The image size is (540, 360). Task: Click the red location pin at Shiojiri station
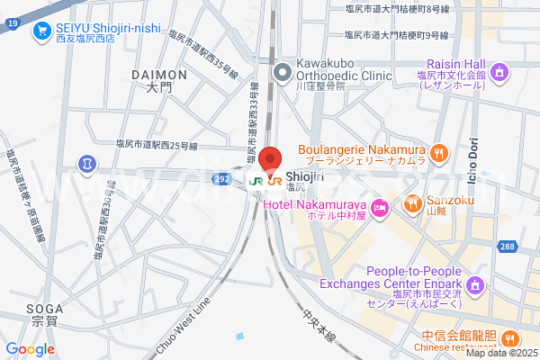coord(269,159)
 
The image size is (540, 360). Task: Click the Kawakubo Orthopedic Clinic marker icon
coord(282,70)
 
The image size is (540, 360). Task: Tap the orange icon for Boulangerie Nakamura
coord(439,152)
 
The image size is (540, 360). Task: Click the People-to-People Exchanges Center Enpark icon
coord(476,285)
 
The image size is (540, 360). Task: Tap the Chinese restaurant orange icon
coord(508,339)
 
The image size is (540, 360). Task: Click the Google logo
coord(30,349)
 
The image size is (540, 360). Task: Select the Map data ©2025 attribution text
coord(501,352)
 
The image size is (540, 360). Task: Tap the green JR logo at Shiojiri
coord(256,180)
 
